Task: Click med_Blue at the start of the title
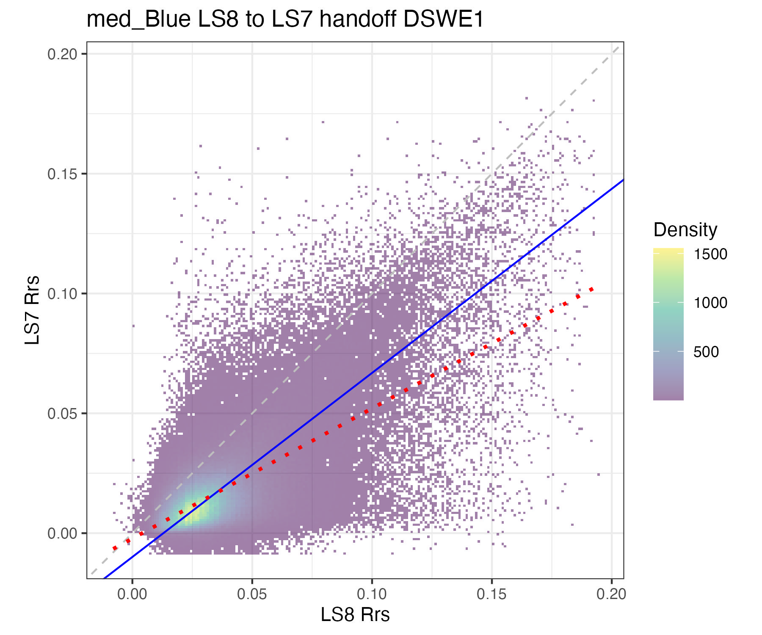138,19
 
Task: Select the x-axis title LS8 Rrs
355,615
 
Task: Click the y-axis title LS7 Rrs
32,310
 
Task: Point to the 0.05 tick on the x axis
252,594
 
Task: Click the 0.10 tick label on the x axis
372,594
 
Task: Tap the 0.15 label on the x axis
491,594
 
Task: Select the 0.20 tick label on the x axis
611,594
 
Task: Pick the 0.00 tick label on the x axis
132,594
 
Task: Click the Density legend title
685,230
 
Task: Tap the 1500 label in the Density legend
710,254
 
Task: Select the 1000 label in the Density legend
710,303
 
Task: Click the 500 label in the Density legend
706,352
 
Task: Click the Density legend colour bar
668,324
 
